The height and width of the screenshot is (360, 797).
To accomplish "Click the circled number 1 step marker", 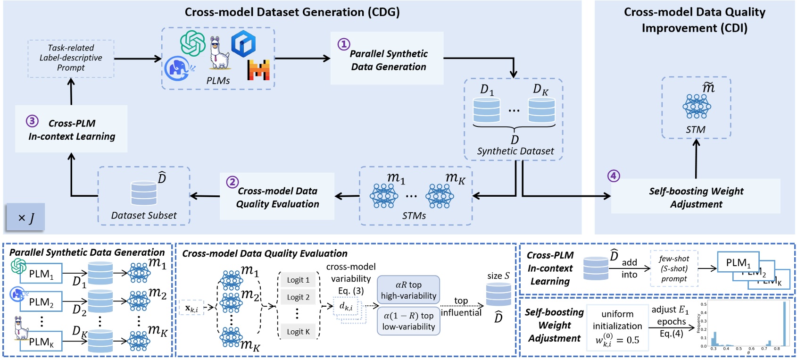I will click(343, 44).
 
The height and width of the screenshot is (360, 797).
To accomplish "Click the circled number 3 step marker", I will click(32, 121).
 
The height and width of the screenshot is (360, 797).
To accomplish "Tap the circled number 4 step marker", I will click(613, 176).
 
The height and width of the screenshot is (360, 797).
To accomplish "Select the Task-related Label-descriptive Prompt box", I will click(71, 58).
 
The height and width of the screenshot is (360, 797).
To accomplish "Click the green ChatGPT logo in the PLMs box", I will click(193, 43).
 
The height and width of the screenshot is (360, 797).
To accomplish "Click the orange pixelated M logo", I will click(258, 70).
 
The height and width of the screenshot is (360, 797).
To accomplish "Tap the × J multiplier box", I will click(25, 218).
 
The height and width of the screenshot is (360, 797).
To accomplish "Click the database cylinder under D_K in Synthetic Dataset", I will click(541, 110).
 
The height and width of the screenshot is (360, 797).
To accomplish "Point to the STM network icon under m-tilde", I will click(696, 106).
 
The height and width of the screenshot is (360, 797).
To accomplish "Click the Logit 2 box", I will click(298, 297).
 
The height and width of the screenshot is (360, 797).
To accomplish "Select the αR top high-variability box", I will click(408, 290).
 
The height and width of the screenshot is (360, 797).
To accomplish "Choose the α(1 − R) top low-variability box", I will click(408, 321).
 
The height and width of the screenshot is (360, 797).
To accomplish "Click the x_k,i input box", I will click(191, 308).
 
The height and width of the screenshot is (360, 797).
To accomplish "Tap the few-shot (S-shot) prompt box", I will click(674, 268).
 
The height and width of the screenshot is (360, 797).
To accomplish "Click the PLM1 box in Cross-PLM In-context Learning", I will click(738, 262).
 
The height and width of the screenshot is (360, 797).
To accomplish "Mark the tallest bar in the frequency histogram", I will click(784, 324).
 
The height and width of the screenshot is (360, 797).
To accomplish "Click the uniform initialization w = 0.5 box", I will click(617, 327).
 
